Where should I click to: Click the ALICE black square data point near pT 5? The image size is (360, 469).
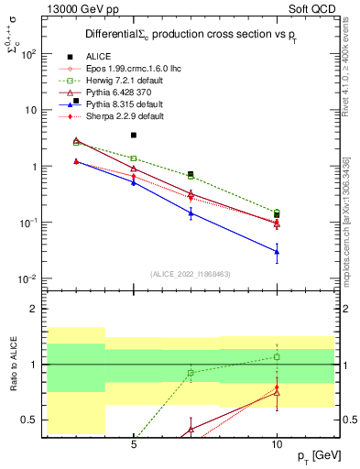[134, 135]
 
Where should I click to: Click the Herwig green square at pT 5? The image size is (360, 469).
[134, 158]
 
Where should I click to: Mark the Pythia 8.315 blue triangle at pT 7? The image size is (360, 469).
[191, 213]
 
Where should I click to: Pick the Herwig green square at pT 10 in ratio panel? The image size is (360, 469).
[277, 356]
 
